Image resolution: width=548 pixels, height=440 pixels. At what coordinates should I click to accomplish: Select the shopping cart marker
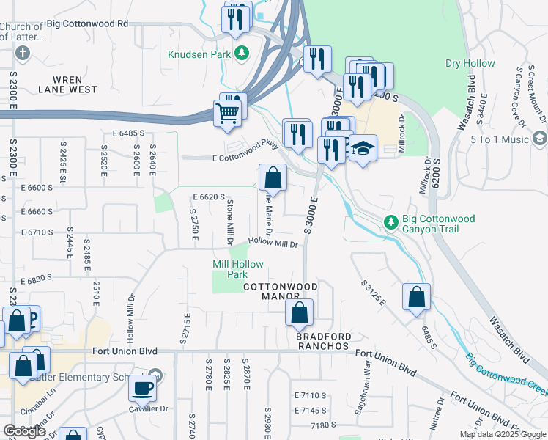228,114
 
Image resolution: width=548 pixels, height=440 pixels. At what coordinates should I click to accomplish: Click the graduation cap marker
363,149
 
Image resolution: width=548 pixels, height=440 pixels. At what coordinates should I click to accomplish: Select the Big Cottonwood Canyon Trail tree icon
391,221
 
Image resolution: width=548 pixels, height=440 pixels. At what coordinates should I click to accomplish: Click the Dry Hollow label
470,63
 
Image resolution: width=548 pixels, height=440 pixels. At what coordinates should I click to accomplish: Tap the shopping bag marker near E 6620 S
272,177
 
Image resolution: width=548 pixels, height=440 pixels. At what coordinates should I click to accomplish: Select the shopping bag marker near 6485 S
416,298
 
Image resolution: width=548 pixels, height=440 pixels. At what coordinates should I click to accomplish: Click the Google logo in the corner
24,431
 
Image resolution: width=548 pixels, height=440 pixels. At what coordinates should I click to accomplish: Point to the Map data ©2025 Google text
502,435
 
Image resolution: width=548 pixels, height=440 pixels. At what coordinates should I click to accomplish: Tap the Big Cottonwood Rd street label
86,23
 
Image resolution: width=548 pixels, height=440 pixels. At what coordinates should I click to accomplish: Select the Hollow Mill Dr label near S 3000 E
275,243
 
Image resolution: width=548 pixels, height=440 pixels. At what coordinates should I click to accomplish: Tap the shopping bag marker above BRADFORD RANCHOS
299,312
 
